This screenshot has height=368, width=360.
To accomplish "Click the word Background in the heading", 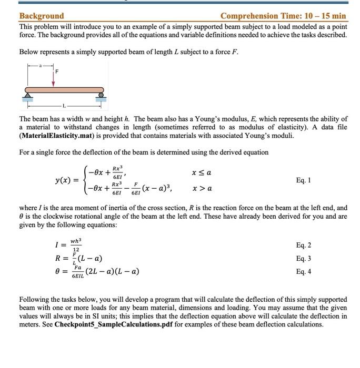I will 42,16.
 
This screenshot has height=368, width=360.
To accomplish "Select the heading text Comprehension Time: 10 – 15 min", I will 283,16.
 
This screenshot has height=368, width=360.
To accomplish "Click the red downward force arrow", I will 54,77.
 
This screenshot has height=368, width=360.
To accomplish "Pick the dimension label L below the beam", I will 64,106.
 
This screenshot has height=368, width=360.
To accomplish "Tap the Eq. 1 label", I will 304,180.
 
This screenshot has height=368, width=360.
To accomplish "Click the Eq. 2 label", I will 304,245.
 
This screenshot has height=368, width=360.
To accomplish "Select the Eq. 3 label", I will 304,258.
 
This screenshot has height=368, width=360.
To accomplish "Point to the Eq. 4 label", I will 304,271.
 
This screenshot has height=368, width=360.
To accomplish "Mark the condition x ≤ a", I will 202,172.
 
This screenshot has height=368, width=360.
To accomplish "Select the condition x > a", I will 202,188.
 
